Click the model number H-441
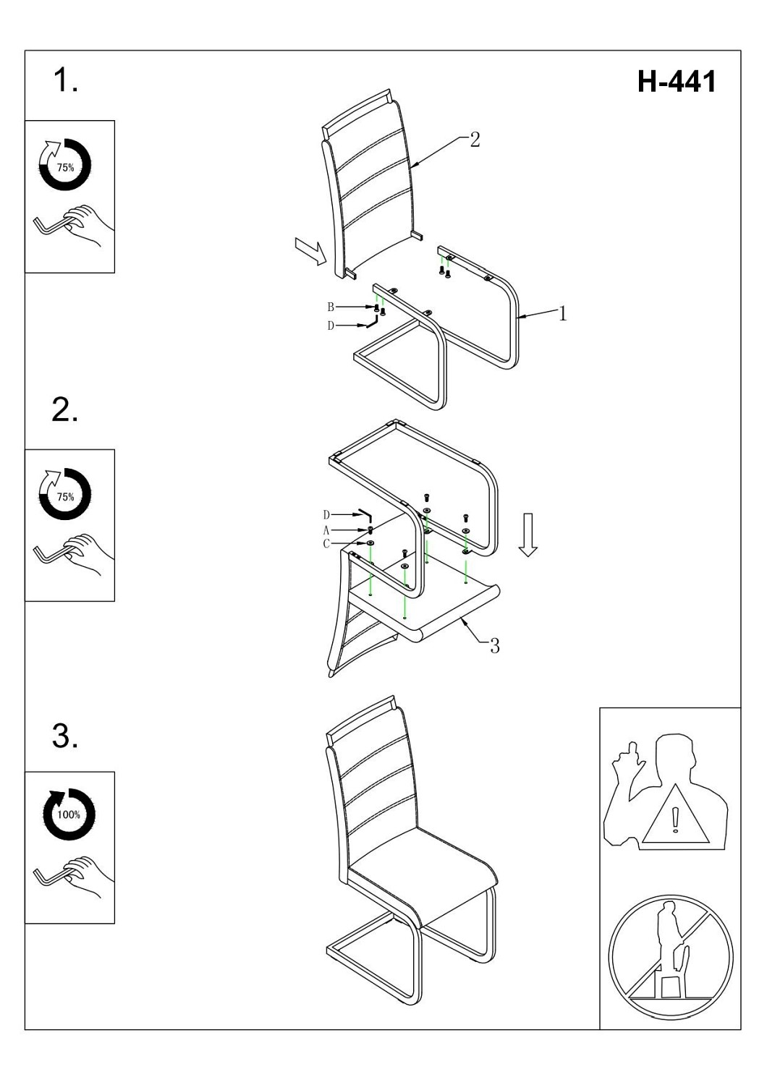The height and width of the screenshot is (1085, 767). pos(677,82)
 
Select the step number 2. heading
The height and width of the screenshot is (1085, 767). pos(65,410)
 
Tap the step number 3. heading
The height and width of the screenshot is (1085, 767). pos(65,736)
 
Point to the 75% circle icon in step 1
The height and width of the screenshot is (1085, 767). pos(65,166)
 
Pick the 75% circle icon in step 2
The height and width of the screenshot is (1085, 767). pos(65,495)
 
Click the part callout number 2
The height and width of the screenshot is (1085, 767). pos(475,140)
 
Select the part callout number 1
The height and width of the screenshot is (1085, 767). pos(562,313)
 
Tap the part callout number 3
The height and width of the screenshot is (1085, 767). pos(495,646)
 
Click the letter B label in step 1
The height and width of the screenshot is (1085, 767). pos(331,307)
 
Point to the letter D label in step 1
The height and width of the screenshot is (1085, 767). pos(331,326)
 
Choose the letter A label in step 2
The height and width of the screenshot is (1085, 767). pos(326,530)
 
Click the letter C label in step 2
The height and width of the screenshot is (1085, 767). pos(326,543)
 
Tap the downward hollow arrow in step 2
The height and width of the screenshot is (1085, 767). pos(528,535)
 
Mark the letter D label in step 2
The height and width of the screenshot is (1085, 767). pos(326,515)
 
